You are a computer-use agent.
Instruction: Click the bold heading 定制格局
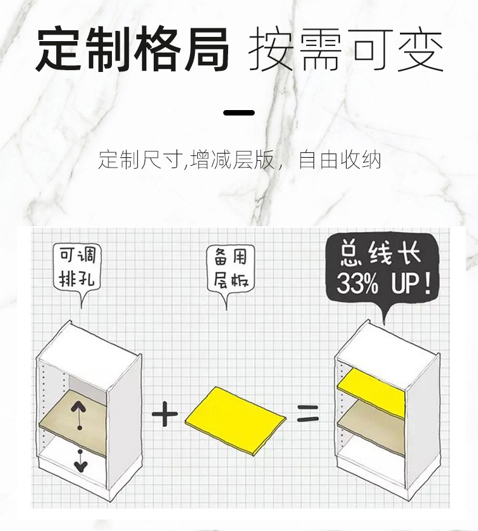tap(133, 50)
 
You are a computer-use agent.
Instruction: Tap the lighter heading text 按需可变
tap(346, 50)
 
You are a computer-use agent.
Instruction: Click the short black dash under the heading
tap(239, 112)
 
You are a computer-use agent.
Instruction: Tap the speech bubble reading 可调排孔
tap(77, 267)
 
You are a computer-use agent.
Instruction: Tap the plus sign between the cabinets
tap(165, 416)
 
